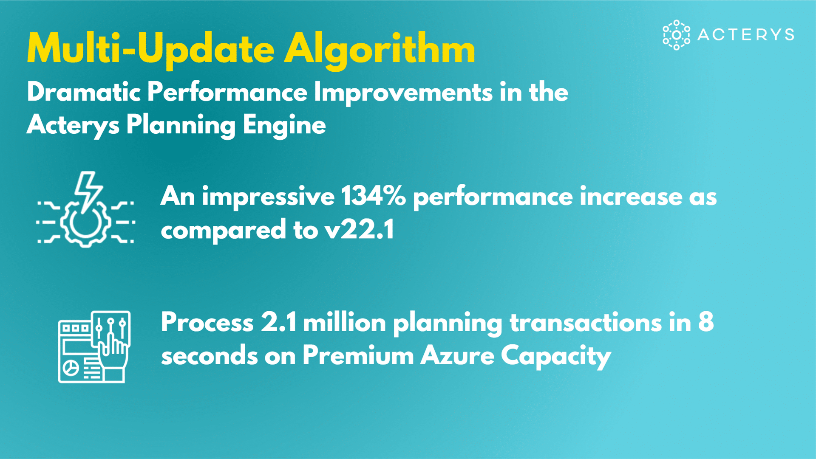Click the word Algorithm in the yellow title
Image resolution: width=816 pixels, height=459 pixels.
[x=380, y=50]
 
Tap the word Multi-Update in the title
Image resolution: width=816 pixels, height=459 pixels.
[x=151, y=50]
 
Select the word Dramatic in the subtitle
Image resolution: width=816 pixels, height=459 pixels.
[x=84, y=92]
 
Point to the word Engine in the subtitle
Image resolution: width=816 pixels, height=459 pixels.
[x=284, y=126]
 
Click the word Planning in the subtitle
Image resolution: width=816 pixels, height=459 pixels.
[x=181, y=126]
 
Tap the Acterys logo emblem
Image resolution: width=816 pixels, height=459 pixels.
[x=676, y=35]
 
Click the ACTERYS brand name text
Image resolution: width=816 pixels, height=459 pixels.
[x=746, y=34]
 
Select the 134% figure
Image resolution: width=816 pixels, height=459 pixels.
[x=373, y=197]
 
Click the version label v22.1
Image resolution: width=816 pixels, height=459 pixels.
[x=360, y=230]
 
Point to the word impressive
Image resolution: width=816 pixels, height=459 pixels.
[x=268, y=197]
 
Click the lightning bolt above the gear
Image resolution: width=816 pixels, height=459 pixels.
[x=88, y=191]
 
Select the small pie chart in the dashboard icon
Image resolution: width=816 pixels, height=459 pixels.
[x=71, y=367]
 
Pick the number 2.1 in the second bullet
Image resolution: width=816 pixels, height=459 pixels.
[x=279, y=322]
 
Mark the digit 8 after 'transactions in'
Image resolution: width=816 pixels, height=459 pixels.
[x=706, y=322]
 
